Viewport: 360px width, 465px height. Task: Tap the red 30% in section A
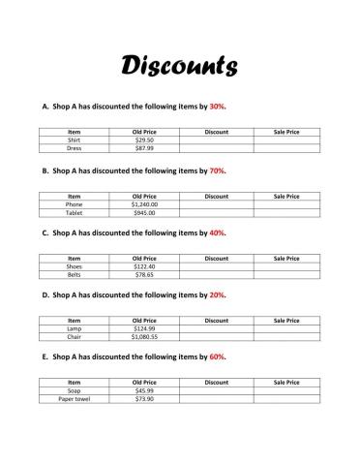click(x=219, y=108)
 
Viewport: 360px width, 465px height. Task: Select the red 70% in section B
click(x=218, y=170)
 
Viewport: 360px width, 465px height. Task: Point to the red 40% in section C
click(x=218, y=233)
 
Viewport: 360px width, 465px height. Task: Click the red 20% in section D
click(x=218, y=295)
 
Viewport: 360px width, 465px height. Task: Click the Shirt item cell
click(x=75, y=140)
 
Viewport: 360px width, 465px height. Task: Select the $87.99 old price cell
click(x=144, y=149)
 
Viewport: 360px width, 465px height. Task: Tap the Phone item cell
click(x=75, y=204)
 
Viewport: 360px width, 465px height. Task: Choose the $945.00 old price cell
click(x=144, y=213)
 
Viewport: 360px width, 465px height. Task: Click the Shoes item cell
click(x=75, y=266)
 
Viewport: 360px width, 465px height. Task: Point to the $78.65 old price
click(x=144, y=275)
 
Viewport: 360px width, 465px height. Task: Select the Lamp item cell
click(x=75, y=328)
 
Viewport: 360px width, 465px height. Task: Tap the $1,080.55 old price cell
click(x=144, y=337)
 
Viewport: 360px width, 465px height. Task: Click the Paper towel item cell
click(x=75, y=399)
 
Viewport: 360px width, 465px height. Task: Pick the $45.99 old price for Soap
click(x=144, y=390)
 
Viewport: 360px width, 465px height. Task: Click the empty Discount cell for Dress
click(x=217, y=149)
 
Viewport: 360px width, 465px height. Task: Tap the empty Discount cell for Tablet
click(x=217, y=213)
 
